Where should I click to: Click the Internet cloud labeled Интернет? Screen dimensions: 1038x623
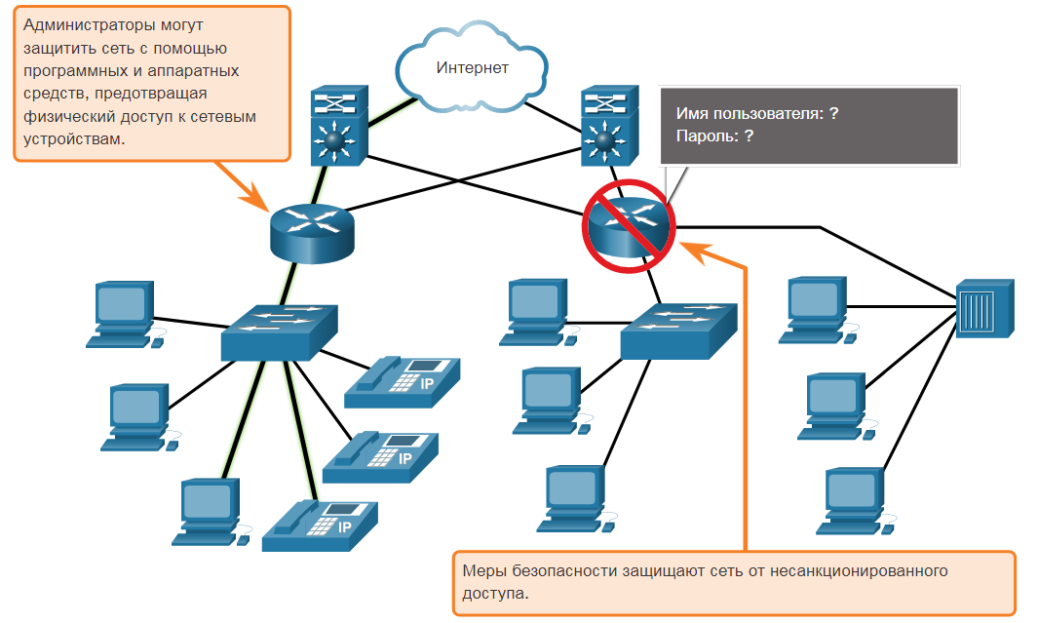[472, 67]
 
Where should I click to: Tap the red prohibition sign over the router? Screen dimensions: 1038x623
[629, 226]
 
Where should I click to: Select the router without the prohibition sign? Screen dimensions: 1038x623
[312, 233]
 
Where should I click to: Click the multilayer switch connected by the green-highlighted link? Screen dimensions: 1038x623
[339, 125]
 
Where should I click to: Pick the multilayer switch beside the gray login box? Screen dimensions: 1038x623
[610, 125]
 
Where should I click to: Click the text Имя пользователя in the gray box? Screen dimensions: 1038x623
[750, 114]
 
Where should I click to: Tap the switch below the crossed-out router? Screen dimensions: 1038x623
[678, 331]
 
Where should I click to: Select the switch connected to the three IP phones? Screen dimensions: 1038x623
[279, 332]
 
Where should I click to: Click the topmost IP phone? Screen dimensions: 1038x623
[402, 382]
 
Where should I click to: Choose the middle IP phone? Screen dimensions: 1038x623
[380, 457]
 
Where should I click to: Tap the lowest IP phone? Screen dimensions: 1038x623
[320, 526]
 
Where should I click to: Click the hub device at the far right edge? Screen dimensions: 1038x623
[985, 308]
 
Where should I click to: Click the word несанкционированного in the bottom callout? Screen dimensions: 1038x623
[859, 570]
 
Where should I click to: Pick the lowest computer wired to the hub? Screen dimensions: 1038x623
[857, 501]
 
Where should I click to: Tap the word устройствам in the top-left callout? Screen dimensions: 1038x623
[73, 139]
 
